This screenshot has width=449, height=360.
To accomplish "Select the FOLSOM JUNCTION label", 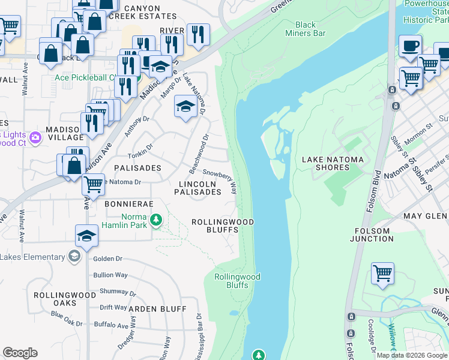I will pos(372,234).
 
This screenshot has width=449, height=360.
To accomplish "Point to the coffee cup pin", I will pos(411,46).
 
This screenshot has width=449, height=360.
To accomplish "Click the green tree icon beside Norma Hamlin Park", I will pos(156,220).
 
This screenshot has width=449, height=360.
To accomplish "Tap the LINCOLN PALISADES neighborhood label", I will pos(197,188).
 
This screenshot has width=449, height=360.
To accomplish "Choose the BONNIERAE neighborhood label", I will pos(126,204).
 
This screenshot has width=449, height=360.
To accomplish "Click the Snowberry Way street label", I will pos(220,180).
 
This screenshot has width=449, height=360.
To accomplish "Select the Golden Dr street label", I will pos(108,259).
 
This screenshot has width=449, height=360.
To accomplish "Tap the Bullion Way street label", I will pos(110,275).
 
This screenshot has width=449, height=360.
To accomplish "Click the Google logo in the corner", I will pos(20,353).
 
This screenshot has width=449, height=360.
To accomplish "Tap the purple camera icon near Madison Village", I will pos(35,137).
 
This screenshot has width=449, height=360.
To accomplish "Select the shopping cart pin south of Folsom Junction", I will pos(382,274).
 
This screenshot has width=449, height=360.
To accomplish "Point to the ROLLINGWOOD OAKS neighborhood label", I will pos(64,299).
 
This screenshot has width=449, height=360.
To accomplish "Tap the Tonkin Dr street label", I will pos(141,147).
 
